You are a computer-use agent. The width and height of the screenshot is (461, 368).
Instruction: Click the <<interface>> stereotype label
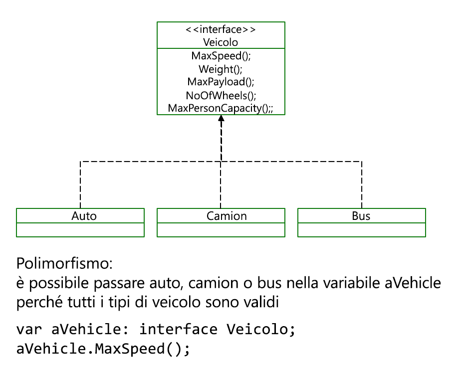[x=221, y=29]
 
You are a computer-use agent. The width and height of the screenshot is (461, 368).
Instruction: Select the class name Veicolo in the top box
[x=221, y=42]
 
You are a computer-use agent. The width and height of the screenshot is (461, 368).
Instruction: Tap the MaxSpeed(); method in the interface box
[x=221, y=55]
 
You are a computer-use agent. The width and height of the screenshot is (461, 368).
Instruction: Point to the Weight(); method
[x=221, y=69]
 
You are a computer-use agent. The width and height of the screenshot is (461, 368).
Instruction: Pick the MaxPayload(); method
[x=221, y=82]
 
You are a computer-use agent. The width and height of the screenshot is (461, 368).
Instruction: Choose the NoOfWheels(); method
[x=221, y=96]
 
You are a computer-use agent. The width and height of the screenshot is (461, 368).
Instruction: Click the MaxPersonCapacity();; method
[x=221, y=108]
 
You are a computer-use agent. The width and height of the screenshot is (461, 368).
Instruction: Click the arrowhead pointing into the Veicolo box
[x=221, y=118]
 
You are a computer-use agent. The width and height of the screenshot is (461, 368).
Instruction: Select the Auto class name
[x=84, y=216]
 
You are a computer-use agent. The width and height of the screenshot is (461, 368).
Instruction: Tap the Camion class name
[x=227, y=216]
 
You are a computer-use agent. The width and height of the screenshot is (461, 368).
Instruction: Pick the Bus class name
[x=361, y=216]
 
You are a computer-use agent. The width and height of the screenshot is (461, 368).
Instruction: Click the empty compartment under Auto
[x=80, y=230]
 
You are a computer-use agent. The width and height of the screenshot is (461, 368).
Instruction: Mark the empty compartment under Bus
[x=362, y=230]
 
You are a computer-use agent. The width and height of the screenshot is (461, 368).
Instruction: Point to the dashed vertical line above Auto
[x=80, y=185]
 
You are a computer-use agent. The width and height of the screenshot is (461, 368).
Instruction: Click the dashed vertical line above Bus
[x=362, y=185]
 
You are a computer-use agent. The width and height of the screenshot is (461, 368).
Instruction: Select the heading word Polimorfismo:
[x=64, y=263]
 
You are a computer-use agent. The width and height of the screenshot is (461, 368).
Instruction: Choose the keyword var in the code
[x=29, y=329]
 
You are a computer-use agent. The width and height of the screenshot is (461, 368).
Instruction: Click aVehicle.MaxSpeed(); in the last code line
[x=103, y=349]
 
